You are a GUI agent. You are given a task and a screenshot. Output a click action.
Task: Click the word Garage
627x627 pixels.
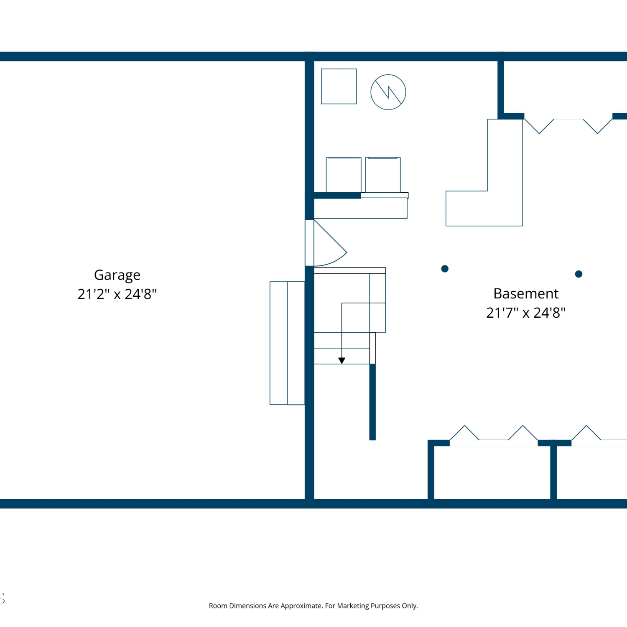(x=117, y=275)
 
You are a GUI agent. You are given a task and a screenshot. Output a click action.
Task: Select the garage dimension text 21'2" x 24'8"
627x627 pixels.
(x=117, y=294)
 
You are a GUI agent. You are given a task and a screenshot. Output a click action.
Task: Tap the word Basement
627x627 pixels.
(x=526, y=293)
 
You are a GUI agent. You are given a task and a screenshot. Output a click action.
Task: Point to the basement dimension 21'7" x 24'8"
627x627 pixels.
(x=526, y=312)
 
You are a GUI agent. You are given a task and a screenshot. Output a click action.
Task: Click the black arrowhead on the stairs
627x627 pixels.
(x=342, y=361)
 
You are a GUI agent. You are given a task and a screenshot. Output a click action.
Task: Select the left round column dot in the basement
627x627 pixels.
(x=445, y=269)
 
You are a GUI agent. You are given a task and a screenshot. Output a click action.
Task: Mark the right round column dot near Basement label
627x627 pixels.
(x=579, y=274)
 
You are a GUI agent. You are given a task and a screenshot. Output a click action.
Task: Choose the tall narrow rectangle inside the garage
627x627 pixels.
(x=287, y=343)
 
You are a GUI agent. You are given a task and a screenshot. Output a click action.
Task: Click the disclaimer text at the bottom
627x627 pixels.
(x=313, y=606)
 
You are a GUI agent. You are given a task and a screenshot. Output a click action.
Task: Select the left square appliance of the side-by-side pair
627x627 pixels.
(x=344, y=175)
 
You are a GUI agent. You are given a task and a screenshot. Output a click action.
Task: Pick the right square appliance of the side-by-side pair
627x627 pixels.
(x=383, y=175)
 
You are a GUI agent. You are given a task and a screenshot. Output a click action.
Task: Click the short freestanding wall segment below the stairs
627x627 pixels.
(x=372, y=402)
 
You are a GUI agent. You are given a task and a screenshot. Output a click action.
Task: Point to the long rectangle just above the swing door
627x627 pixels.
(x=361, y=208)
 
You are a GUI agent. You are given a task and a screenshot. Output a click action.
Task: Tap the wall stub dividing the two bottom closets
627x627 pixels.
(x=553, y=473)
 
